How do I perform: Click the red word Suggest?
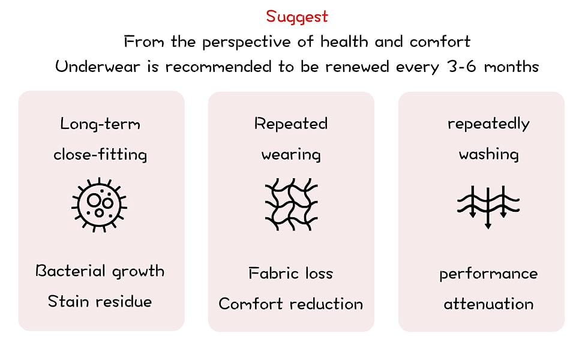297,16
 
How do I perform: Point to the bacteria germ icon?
100,204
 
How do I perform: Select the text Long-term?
100,124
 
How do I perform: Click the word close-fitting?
100,155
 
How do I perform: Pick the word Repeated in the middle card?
291,124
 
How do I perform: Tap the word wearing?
291,155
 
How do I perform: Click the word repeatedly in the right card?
488,124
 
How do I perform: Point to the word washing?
488,155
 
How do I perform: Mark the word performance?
488,274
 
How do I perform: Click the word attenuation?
488,304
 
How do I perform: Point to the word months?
509,66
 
